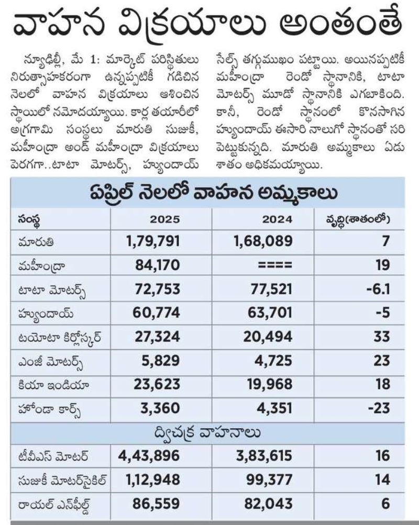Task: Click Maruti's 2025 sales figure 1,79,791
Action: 153,241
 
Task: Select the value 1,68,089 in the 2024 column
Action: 263,241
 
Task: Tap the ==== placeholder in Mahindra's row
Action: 275,265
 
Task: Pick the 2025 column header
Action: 164,219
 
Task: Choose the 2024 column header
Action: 277,219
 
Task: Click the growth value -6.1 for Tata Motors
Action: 378,289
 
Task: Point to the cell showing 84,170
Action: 158,265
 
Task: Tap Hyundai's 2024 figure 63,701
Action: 270,312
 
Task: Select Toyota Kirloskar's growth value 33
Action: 382,337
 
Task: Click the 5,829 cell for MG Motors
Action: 160,361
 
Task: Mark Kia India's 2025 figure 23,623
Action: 157,384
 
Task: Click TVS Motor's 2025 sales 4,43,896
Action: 149,456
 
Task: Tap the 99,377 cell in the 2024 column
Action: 269,480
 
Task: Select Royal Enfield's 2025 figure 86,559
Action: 156,504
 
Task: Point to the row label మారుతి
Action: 36,242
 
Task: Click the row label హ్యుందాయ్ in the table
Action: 46,314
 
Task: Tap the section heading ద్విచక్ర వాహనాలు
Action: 207,433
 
